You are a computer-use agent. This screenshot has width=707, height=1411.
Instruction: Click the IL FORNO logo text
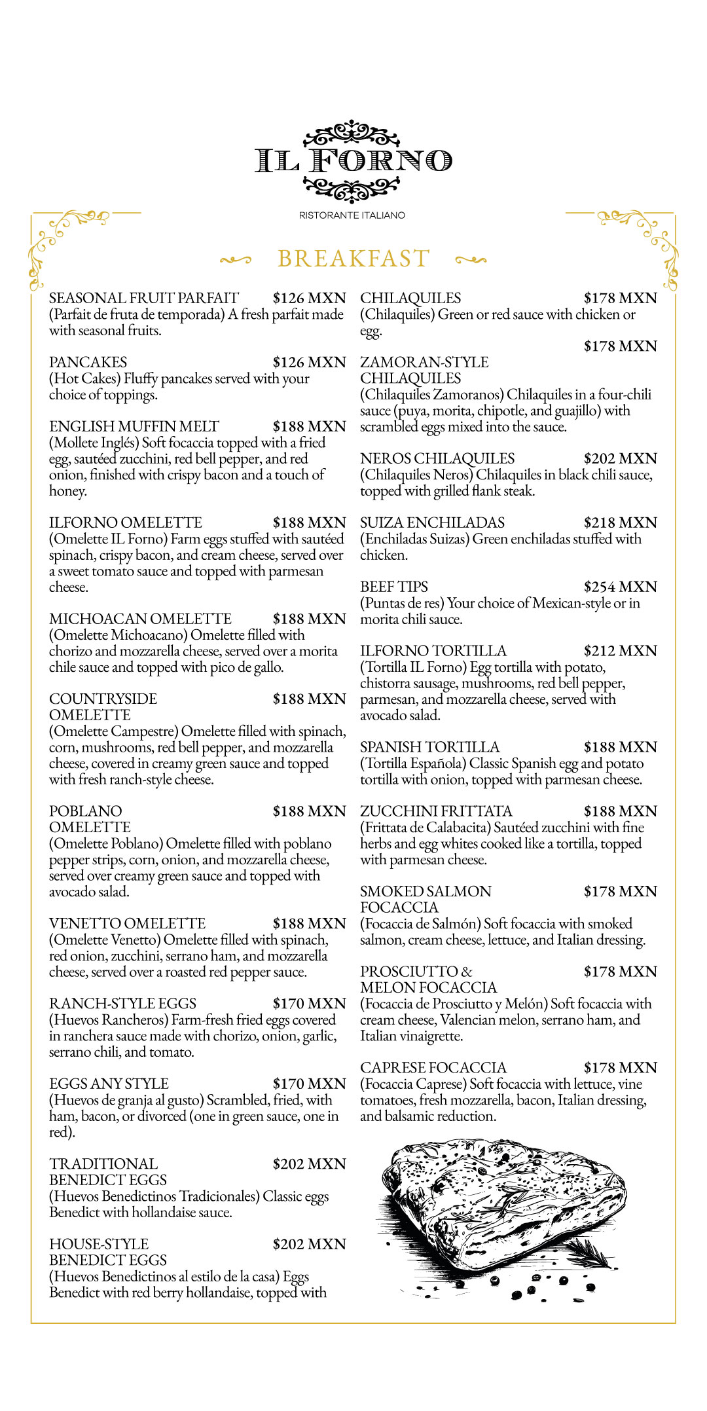coord(353,161)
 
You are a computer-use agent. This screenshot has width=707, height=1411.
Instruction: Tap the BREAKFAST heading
coord(353,259)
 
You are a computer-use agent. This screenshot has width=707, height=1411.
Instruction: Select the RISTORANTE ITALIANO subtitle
coord(352,215)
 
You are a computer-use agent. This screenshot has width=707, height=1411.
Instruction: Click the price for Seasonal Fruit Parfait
coord(309,299)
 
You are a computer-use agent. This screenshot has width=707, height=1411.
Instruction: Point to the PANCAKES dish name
coord(88,363)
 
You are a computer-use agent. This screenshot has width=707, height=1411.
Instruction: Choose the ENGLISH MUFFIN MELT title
coord(134,427)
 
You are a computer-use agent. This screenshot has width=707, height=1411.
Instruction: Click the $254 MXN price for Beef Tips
coord(620,587)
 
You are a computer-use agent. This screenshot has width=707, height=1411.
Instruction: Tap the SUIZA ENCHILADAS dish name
coord(433,523)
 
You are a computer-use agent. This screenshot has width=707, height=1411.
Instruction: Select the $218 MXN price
coord(620,523)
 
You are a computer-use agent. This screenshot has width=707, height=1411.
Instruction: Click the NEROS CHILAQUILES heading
coord(437,459)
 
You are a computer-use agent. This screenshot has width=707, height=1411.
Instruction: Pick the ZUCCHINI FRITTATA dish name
coord(436,812)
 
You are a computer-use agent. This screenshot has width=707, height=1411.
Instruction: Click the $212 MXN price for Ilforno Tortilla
coord(620,651)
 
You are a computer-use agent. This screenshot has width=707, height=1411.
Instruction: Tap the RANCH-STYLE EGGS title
coord(122,1004)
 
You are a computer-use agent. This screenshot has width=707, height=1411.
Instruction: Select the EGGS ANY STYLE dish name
coord(109,1084)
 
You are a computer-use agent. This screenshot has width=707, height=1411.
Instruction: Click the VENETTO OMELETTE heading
coord(127,924)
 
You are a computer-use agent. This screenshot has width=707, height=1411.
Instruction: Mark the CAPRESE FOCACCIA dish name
coord(433,1069)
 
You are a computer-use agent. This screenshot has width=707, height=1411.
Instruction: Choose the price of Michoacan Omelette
coord(309,619)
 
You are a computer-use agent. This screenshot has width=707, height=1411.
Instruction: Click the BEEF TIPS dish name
coord(394,587)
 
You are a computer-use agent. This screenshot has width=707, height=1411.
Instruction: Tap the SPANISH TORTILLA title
coord(429,748)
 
